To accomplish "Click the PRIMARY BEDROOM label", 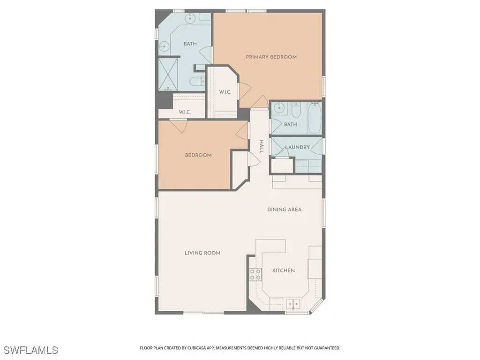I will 271,57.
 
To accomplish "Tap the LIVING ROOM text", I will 202,253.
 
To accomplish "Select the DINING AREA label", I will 284,210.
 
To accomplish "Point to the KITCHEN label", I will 284,270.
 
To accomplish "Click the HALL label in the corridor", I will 262,147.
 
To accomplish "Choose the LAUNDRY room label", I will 298,147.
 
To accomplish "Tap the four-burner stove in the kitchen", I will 255,274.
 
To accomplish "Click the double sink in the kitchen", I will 293,303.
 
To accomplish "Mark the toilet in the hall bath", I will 296,111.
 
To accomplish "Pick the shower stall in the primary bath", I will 168,74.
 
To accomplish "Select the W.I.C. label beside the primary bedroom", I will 225,92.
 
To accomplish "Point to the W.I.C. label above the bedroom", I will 185,112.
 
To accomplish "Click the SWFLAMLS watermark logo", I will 30,350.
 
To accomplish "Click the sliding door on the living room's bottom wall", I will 203,313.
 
